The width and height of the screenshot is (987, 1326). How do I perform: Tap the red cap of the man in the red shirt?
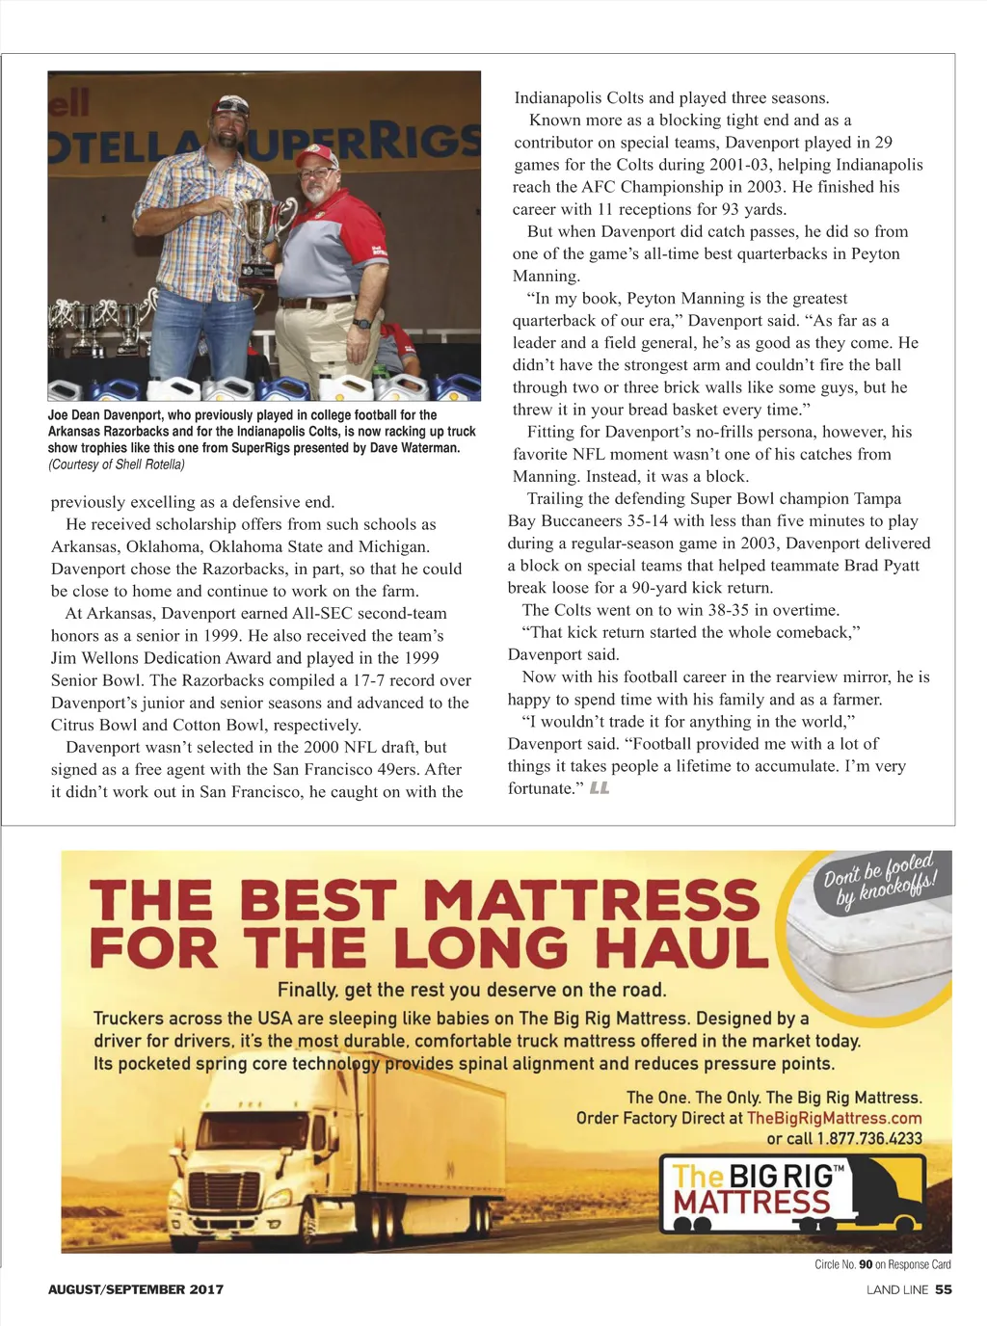click(317, 156)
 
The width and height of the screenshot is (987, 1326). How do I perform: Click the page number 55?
click(943, 1289)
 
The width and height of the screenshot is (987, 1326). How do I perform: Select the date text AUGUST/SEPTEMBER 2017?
click(136, 1289)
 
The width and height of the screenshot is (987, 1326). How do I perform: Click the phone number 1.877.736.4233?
click(869, 1139)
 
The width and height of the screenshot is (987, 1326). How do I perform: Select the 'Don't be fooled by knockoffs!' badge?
click(879, 880)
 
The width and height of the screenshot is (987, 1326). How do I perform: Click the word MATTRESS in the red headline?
click(591, 901)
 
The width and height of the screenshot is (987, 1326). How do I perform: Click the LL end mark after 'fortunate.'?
click(600, 788)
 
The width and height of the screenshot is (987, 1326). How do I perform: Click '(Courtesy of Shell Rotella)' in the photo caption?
click(117, 464)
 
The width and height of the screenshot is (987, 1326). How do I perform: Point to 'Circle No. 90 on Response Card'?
click(882, 1264)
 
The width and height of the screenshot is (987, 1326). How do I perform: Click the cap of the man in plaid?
click(230, 105)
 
